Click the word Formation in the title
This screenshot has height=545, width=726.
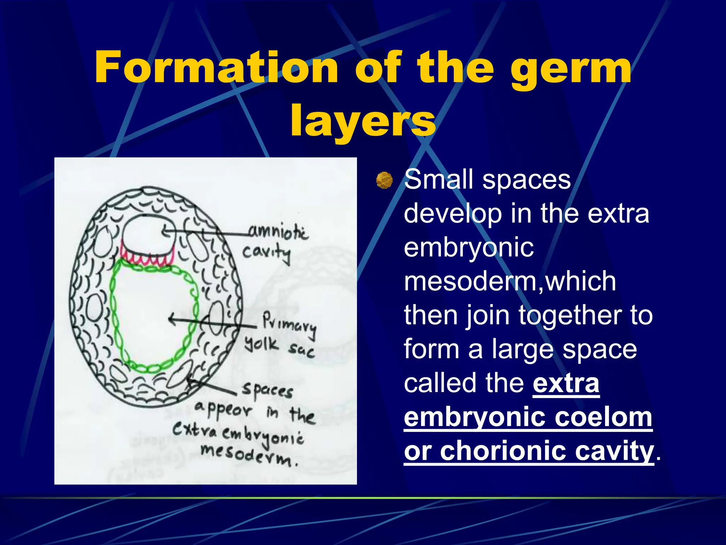point(216,67)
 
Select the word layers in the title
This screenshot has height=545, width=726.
point(363,121)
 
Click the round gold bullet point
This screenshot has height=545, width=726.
point(384,180)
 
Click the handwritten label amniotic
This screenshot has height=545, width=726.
point(279,232)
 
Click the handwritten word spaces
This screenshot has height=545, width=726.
point(268,390)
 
